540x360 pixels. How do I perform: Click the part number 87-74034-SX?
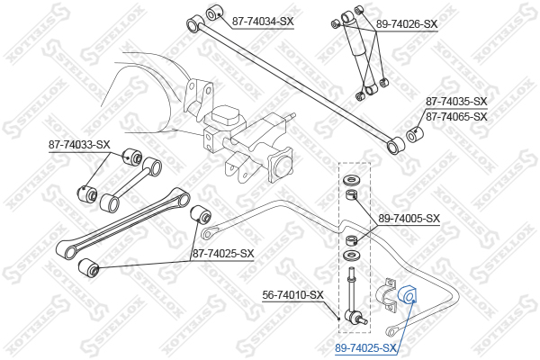click(x=263, y=22)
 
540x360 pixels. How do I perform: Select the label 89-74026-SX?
click(x=407, y=24)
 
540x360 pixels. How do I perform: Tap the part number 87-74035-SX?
click(x=456, y=102)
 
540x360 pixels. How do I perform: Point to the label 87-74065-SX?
click(x=456, y=117)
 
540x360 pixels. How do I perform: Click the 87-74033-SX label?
click(x=79, y=145)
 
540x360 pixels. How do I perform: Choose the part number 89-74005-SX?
click(x=409, y=219)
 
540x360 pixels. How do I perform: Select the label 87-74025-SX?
click(x=223, y=254)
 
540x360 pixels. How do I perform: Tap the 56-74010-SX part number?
click(x=293, y=295)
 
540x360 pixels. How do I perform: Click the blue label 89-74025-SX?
click(x=365, y=348)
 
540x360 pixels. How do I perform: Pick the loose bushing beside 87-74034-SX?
click(x=213, y=13)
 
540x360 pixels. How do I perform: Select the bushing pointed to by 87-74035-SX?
click(x=415, y=135)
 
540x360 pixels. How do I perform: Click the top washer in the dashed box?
click(x=351, y=180)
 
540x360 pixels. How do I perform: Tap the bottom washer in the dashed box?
click(x=351, y=256)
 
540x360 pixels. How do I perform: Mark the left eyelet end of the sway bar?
click(x=207, y=233)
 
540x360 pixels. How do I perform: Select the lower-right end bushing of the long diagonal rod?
click(x=395, y=146)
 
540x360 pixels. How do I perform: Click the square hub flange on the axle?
click(x=280, y=165)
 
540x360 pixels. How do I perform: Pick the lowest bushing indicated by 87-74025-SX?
click(x=88, y=267)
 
